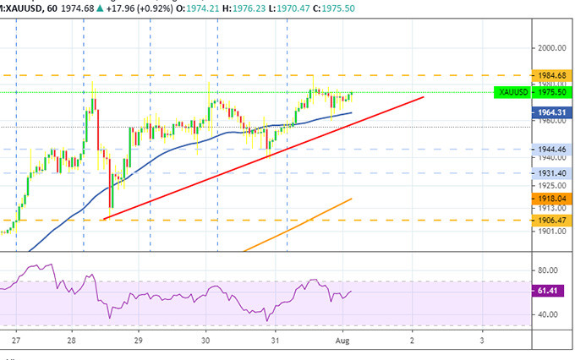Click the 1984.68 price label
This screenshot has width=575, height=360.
click(550, 74)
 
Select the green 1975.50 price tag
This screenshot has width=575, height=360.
click(551, 92)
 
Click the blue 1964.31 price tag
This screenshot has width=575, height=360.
click(551, 110)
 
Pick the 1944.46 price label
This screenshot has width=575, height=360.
click(550, 149)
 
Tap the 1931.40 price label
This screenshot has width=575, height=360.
click(550, 172)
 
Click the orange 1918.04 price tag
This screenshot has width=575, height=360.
click(551, 198)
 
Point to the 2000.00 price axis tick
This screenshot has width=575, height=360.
click(550, 48)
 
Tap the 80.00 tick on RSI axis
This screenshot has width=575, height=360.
click(547, 270)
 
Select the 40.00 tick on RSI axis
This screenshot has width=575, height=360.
click(547, 314)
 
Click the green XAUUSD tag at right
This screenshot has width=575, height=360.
click(513, 92)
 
